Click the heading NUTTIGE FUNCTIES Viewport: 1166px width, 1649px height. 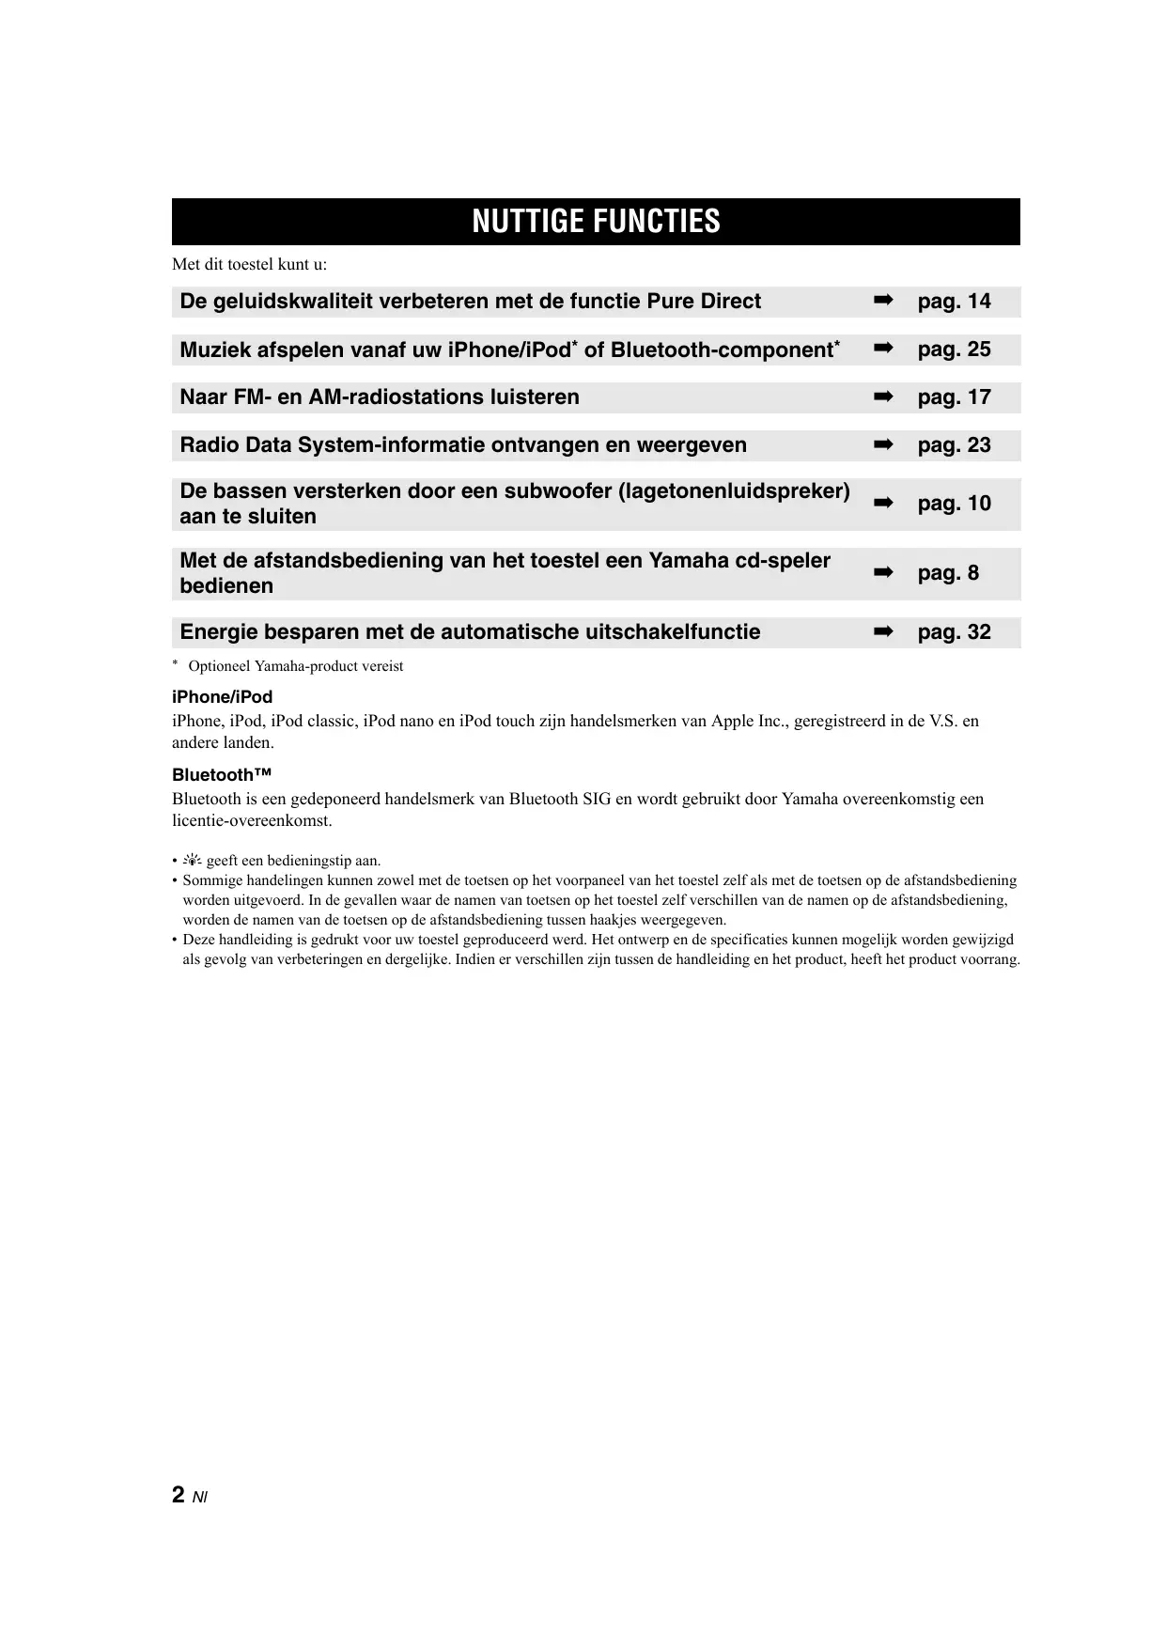[x=596, y=222]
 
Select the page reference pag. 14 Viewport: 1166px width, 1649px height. [x=954, y=302]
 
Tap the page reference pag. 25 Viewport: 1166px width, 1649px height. [x=954, y=350]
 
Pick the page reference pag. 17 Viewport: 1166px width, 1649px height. [x=954, y=397]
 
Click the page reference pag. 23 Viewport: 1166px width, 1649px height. [x=954, y=445]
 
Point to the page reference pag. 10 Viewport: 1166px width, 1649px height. [x=954, y=504]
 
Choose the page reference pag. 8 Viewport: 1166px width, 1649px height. [x=947, y=573]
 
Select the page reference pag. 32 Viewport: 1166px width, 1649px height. [x=954, y=632]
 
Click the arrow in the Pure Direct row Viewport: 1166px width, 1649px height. [x=882, y=301]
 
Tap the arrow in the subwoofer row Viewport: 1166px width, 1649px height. [x=882, y=504]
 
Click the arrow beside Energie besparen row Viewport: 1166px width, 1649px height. [x=882, y=632]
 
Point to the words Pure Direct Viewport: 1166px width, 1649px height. [x=704, y=302]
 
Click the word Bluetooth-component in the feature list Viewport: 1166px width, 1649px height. [x=722, y=350]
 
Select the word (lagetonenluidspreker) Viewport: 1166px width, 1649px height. [x=734, y=491]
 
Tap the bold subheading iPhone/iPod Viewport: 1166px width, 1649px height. [x=222, y=697]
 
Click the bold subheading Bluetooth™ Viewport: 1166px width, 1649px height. [x=222, y=775]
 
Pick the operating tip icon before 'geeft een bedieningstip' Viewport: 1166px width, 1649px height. [x=193, y=861]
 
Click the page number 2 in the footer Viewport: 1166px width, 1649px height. [x=179, y=1495]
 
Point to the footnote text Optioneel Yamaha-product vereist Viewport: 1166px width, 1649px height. [x=295, y=666]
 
